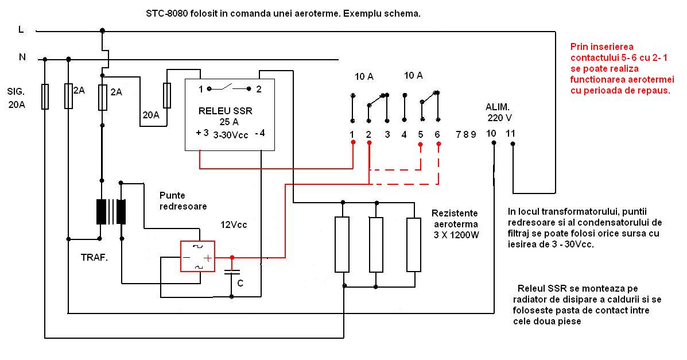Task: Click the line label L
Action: (21, 30)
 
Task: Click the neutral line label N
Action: (22, 57)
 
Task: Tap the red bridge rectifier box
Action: (197, 256)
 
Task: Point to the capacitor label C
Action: (240, 283)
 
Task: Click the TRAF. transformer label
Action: (94, 258)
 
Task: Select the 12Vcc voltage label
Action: (234, 225)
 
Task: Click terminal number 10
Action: (492, 134)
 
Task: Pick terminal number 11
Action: (511, 134)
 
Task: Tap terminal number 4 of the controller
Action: (404, 135)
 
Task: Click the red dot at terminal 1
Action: (352, 145)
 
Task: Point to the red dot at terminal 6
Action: (438, 145)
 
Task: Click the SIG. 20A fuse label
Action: (17, 98)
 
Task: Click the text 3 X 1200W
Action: (456, 234)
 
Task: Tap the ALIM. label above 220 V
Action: (497, 107)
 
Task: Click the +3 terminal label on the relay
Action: (202, 133)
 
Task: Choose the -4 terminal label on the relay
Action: (259, 134)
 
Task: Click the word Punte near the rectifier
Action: (173, 195)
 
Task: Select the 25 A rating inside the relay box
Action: (228, 122)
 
